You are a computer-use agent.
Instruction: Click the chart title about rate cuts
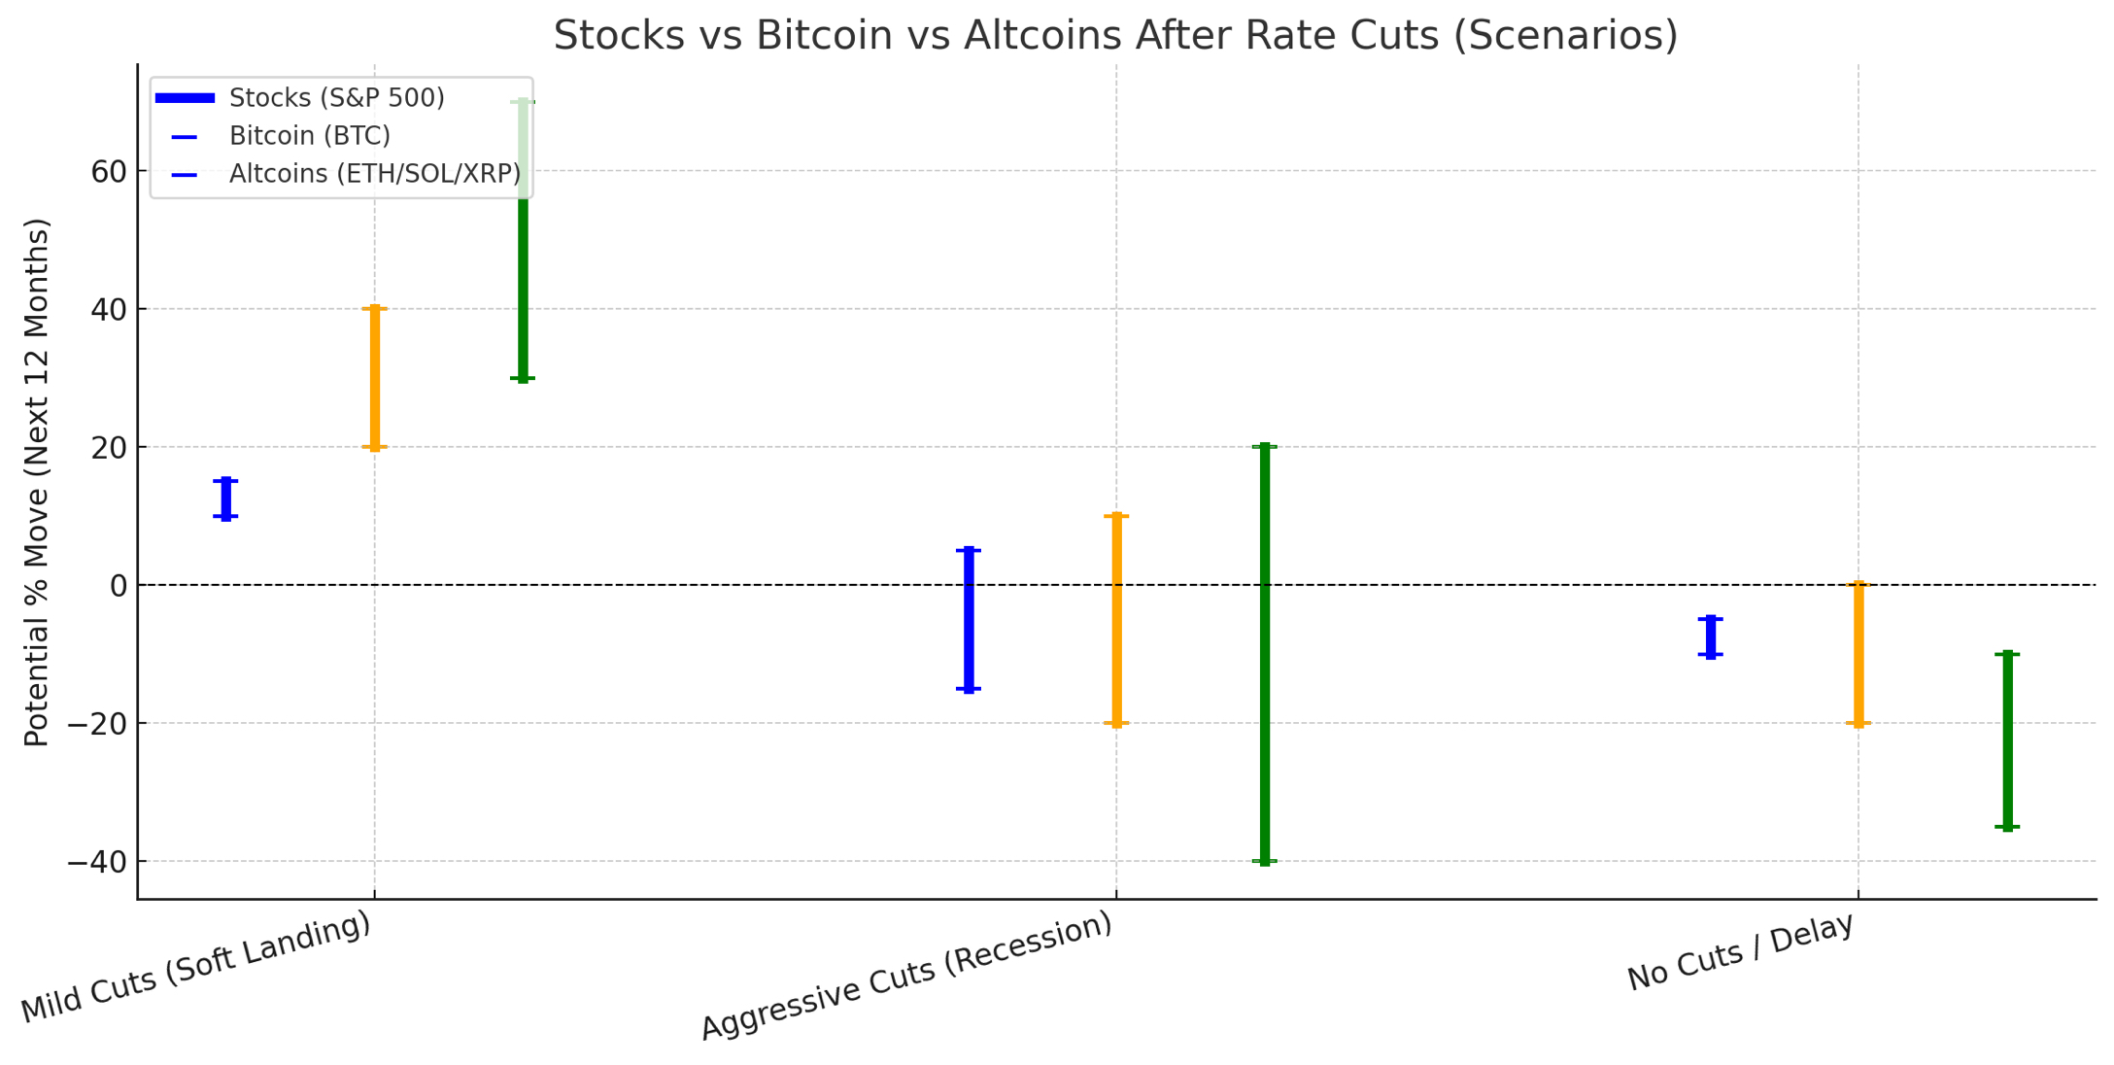(1115, 36)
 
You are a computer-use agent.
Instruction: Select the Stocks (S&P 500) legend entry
(336, 98)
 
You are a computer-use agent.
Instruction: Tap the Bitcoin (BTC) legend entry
(309, 136)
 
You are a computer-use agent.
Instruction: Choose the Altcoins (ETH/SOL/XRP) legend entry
(374, 174)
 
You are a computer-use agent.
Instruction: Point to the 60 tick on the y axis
(109, 172)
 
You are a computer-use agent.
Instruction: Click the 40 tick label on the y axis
(109, 310)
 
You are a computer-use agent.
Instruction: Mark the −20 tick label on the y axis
(97, 724)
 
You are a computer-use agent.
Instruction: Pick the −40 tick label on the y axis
(97, 862)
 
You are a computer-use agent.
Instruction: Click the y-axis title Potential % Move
(37, 482)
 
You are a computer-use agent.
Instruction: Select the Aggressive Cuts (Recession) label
(906, 977)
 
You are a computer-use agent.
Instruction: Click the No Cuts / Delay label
(1740, 953)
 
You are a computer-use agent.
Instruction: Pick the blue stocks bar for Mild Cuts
(226, 498)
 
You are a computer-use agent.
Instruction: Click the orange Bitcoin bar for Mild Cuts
(375, 378)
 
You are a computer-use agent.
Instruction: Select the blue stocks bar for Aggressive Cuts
(969, 620)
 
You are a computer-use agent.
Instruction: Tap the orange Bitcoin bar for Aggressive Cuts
(1116, 620)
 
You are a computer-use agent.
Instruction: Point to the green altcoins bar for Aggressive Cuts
(1265, 653)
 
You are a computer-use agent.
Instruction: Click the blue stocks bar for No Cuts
(1711, 636)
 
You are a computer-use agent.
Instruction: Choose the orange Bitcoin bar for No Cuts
(1858, 654)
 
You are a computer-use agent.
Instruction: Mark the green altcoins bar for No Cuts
(2007, 740)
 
